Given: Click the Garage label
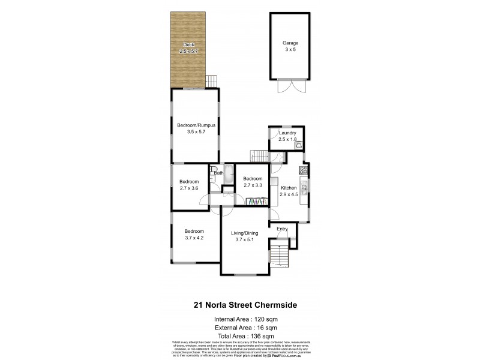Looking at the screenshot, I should click(x=290, y=43).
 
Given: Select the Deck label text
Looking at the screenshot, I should click(x=188, y=44).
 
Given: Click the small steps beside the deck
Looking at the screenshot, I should click(x=211, y=80).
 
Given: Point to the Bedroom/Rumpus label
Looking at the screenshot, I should click(x=196, y=125).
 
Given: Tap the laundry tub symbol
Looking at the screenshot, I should click(x=298, y=144).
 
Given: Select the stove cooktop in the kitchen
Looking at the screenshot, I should click(x=304, y=169).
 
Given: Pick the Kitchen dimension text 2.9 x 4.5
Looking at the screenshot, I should click(x=289, y=194).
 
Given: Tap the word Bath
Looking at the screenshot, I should click(x=219, y=173).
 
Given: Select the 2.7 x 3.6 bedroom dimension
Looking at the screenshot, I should click(x=189, y=188).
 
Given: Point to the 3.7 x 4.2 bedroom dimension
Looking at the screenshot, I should click(x=194, y=238).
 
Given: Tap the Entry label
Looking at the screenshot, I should click(x=282, y=229).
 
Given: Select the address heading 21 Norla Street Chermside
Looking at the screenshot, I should click(x=245, y=305).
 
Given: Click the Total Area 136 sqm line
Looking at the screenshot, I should click(x=245, y=335).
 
